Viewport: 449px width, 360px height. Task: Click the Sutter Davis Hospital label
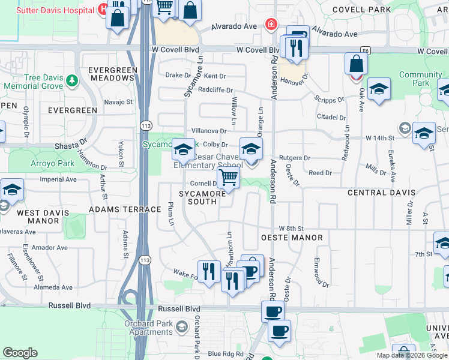point(55,10)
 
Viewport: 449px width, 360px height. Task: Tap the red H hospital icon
point(103,10)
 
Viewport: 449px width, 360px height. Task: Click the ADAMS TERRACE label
point(125,209)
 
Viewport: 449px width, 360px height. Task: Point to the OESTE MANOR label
point(292,238)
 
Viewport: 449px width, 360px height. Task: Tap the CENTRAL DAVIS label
point(381,193)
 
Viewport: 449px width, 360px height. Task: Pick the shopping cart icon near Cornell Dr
point(229,178)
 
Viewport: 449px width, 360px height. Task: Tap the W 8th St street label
point(292,229)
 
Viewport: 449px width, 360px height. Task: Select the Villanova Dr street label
point(208,131)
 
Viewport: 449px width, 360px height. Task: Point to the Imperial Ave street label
point(58,179)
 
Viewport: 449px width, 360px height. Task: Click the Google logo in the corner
point(20,353)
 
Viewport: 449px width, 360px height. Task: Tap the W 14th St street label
point(380,138)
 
